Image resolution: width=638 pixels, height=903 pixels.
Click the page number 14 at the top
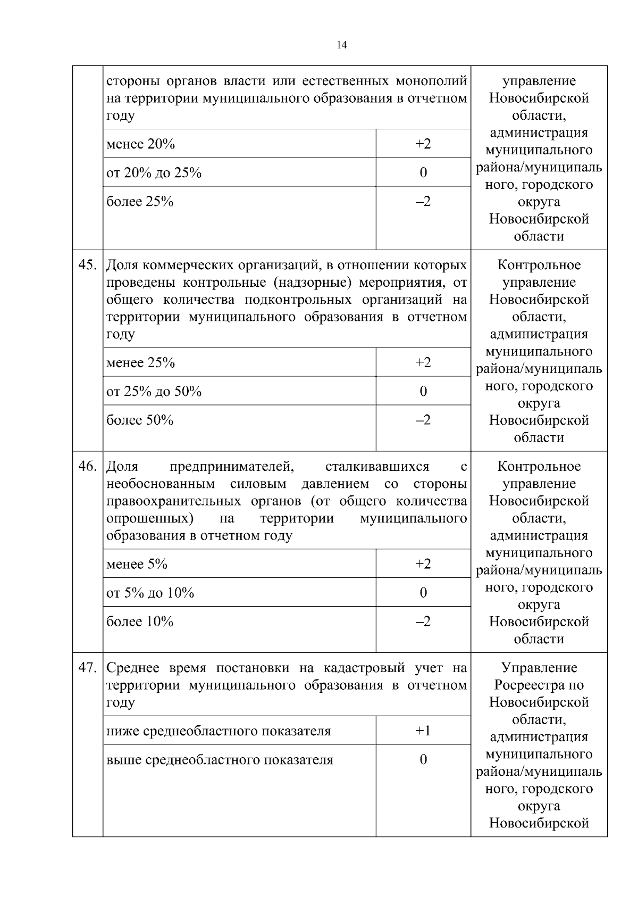[x=342, y=45]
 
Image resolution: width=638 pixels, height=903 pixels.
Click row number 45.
[x=87, y=265]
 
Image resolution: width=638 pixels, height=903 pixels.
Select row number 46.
[x=87, y=467]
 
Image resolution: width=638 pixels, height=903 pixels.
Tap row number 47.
[x=87, y=668]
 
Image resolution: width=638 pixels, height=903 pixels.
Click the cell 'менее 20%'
[x=141, y=144]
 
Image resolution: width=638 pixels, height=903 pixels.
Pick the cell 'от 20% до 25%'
[x=154, y=173]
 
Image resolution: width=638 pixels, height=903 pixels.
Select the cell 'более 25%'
[x=140, y=202]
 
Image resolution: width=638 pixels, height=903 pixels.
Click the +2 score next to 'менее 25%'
[x=423, y=362]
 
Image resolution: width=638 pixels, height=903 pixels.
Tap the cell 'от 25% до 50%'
[x=154, y=392]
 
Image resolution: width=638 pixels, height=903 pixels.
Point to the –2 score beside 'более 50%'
[x=423, y=420]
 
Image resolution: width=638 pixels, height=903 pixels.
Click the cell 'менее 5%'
[x=137, y=564]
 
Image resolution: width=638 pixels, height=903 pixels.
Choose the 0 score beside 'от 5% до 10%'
[x=423, y=593]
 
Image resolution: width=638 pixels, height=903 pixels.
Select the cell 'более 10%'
[x=140, y=622]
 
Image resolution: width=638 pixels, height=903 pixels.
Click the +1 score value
[x=423, y=731]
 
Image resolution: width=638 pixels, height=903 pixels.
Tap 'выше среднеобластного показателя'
[x=220, y=760]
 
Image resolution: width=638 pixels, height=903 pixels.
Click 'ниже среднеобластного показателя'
[x=219, y=731]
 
